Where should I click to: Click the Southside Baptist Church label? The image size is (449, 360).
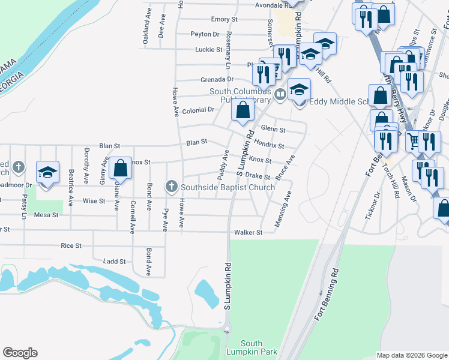point(228,187)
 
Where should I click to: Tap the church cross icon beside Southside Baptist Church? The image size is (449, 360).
point(172,187)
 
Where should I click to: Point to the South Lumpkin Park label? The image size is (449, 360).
point(244,347)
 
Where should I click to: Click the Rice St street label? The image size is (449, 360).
point(71,245)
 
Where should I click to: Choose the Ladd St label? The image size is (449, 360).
point(114,262)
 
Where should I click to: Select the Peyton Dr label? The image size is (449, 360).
point(205,34)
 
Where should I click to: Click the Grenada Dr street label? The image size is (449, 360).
point(217,79)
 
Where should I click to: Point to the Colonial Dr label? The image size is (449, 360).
point(199,110)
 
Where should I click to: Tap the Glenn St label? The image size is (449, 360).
point(273,129)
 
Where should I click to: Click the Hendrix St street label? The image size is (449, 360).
point(269,145)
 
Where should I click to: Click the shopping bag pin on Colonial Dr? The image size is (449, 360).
point(243,110)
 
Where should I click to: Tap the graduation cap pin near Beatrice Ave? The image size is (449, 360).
point(47,172)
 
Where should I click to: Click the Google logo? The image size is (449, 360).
point(20,353)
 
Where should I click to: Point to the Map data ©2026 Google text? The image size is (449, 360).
point(411,355)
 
